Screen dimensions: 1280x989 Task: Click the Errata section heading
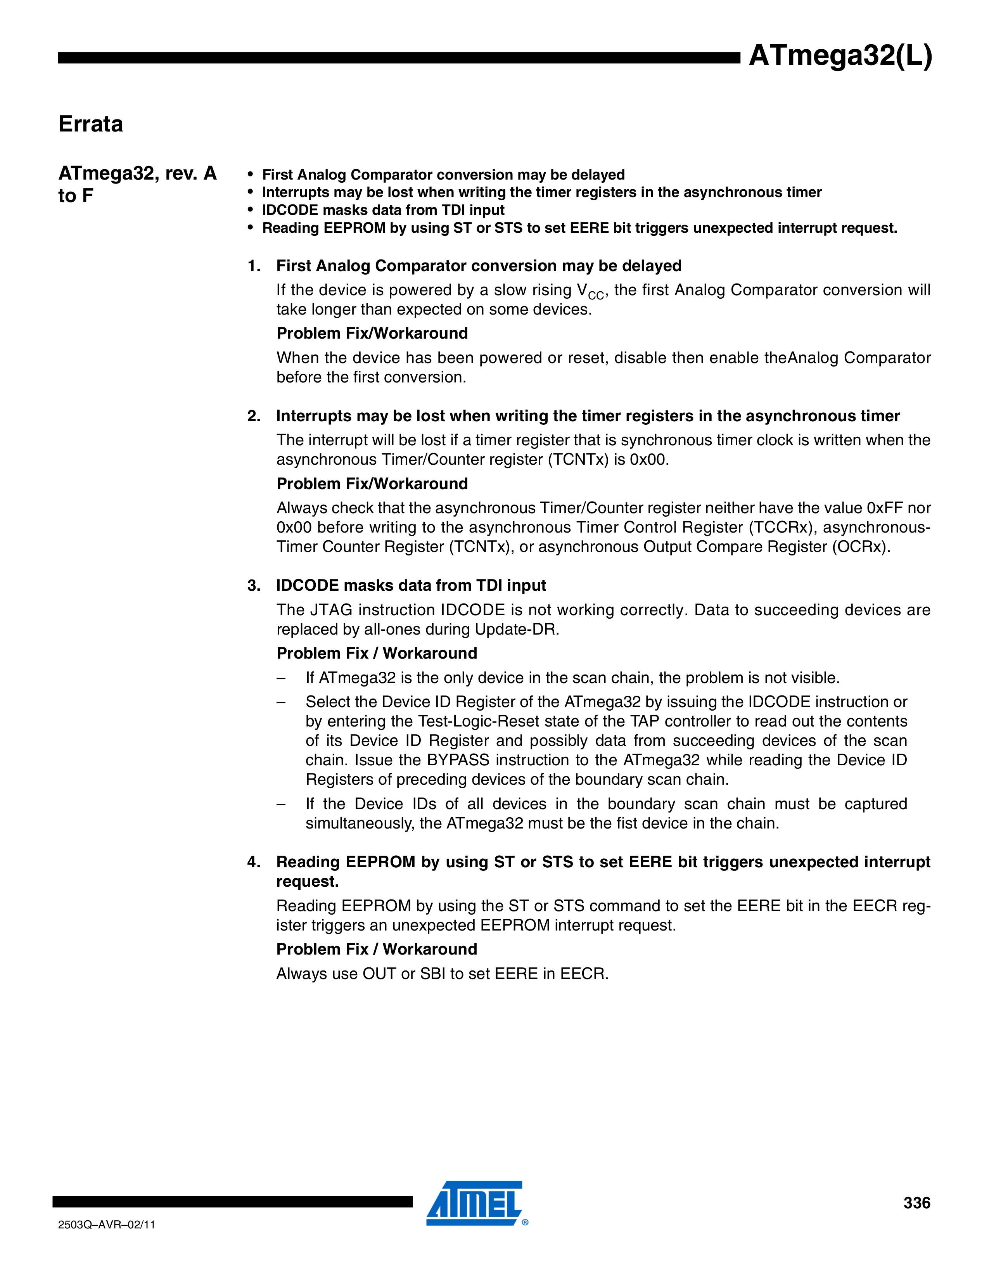point(91,124)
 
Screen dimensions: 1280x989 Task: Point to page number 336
point(916,1203)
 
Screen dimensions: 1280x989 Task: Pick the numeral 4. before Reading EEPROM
point(253,862)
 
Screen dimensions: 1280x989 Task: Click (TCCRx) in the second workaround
point(783,528)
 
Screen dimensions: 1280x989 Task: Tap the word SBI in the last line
point(433,974)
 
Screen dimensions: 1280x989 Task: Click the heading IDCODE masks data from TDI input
point(411,585)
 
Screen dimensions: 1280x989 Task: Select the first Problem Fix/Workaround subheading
point(372,334)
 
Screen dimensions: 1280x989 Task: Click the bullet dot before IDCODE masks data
point(251,210)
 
